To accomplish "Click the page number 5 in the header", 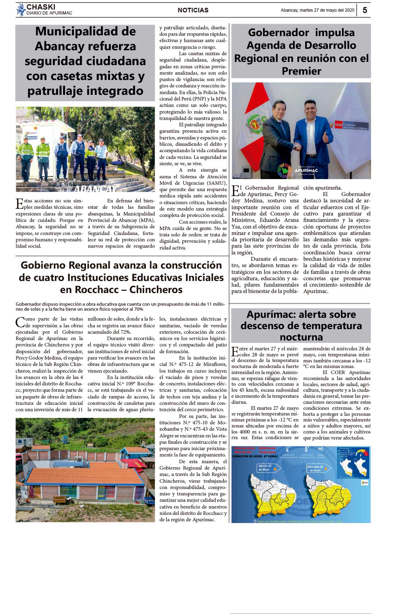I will (x=365, y=10).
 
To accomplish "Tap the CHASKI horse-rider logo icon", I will (x=21, y=10).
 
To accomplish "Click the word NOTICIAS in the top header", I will (x=193, y=10).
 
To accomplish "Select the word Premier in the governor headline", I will (x=301, y=71).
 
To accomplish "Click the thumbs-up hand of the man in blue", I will (x=325, y=137).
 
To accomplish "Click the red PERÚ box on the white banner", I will (x=339, y=125).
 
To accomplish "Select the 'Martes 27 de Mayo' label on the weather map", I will (x=265, y=467).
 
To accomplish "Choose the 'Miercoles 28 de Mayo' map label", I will (x=315, y=469).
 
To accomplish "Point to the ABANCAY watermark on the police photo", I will (x=95, y=189).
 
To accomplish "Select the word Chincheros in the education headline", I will (x=156, y=289).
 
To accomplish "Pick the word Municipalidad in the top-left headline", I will (x=85, y=31).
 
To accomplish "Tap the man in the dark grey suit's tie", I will (x=281, y=126).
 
